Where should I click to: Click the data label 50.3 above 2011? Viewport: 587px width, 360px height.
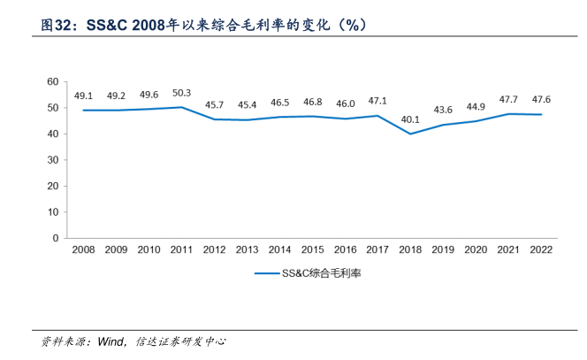click(181, 92)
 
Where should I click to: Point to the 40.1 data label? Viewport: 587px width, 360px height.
click(409, 119)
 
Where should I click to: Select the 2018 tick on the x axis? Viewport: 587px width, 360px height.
click(409, 250)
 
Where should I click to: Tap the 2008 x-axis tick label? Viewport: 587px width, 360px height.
click(83, 250)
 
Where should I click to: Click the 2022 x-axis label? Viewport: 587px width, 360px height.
click(540, 250)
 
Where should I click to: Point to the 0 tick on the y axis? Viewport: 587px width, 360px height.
click(56, 238)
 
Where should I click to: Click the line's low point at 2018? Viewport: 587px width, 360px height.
click(409, 134)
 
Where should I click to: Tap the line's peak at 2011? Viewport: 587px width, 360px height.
click(181, 107)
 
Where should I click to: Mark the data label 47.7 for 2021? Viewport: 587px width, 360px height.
click(507, 99)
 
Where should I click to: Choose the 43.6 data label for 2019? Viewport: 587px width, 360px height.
click(442, 110)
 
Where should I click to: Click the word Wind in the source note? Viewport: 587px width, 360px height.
click(111, 341)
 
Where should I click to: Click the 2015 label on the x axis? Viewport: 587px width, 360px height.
click(311, 250)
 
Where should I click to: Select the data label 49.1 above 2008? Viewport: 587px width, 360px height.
click(83, 96)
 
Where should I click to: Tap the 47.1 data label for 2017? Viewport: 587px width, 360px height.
click(377, 101)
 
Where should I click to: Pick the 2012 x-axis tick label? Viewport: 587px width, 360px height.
click(214, 250)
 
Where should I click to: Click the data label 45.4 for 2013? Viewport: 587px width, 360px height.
click(247, 104)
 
